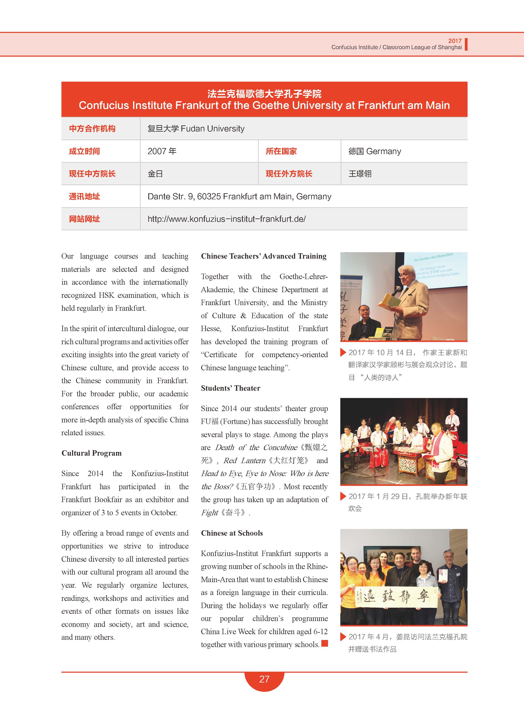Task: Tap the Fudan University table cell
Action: coord(196,128)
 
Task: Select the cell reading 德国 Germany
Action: coord(375,151)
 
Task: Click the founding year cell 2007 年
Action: coord(162,151)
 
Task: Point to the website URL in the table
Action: coord(226,219)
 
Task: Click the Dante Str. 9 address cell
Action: coord(239,196)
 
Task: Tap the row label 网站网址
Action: coord(84,219)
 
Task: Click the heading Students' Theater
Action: coord(231,388)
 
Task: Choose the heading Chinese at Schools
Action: coord(232,533)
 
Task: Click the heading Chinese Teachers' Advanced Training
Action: coord(264,256)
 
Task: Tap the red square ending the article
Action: coord(324,643)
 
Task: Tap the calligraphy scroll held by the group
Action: coord(397,597)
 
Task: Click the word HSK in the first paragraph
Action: coord(106,295)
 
